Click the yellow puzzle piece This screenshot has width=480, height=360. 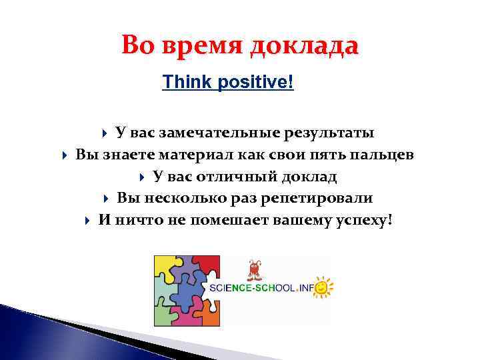click(x=166, y=269)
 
